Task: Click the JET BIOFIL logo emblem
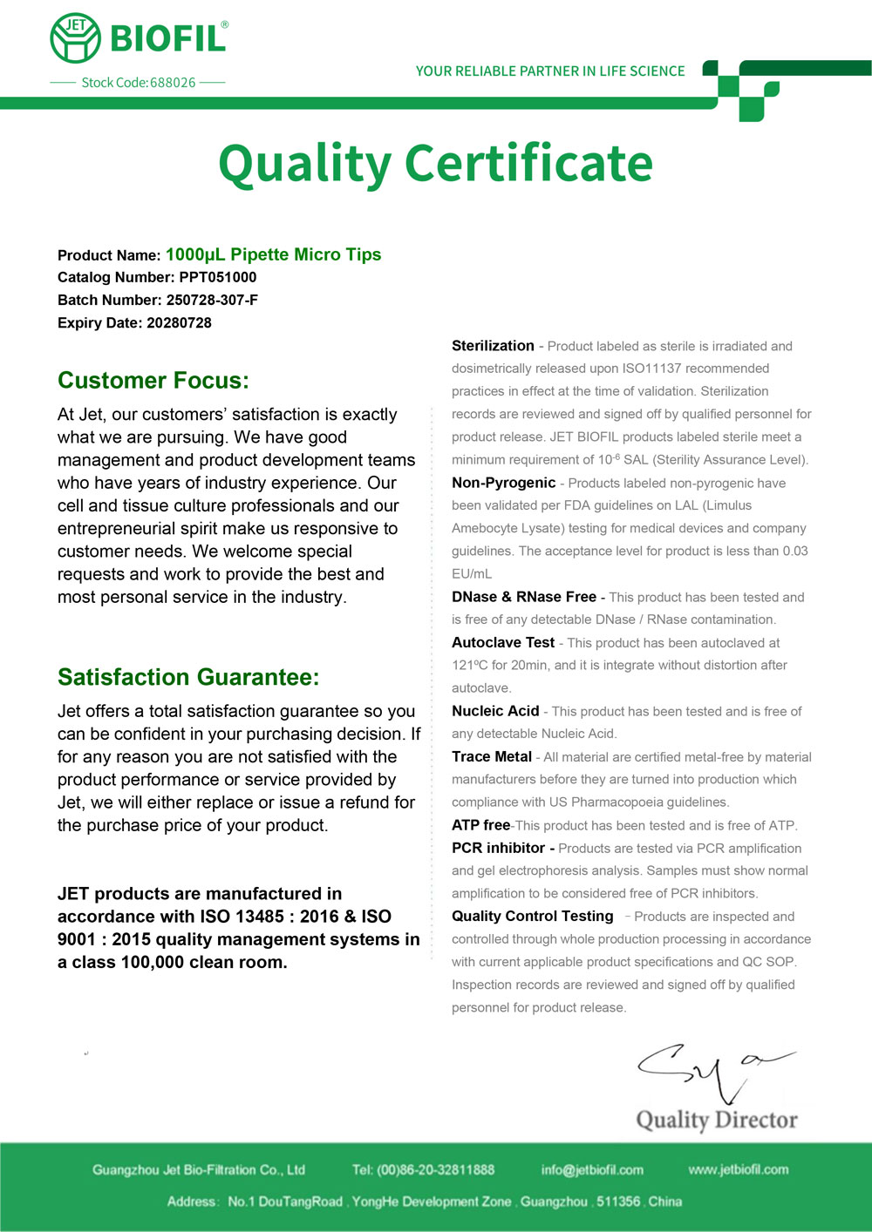point(76,38)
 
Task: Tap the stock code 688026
point(173,83)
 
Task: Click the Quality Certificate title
point(435,163)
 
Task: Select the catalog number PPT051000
point(218,277)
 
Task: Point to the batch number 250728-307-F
point(212,300)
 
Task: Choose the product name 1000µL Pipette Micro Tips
point(273,254)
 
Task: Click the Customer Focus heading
point(153,381)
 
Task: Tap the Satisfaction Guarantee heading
point(188,677)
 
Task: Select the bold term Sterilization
point(493,346)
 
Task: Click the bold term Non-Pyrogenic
point(503,483)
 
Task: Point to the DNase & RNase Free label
point(524,597)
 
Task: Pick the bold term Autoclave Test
point(503,642)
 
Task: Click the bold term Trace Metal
point(492,756)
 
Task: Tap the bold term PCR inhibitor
point(499,848)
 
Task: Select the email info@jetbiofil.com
point(592,1169)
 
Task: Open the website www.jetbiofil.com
point(738,1169)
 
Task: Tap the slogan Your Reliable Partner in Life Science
point(550,71)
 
